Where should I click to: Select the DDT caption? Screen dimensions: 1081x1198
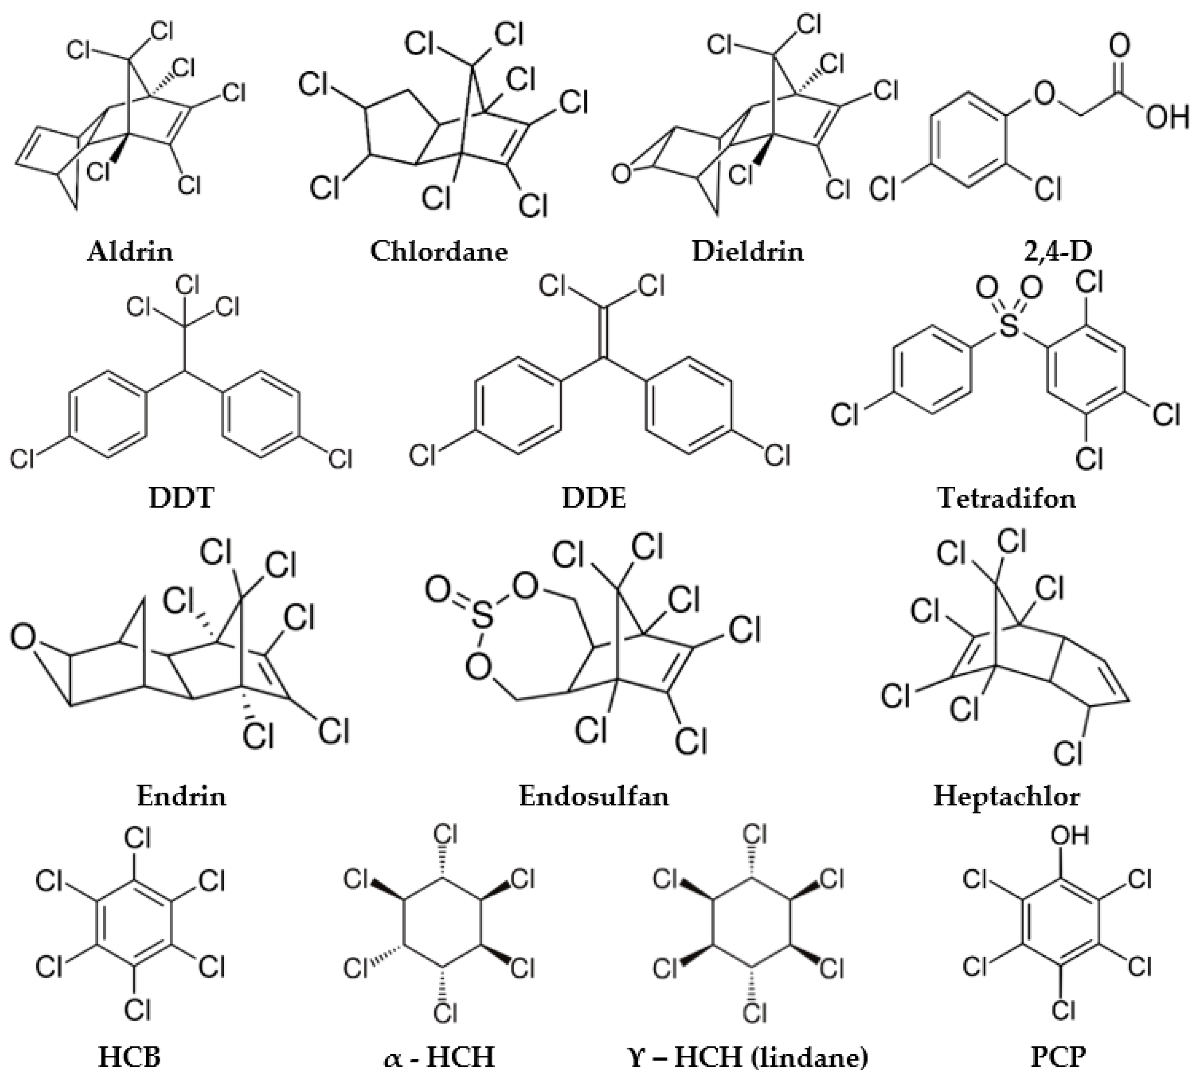click(181, 498)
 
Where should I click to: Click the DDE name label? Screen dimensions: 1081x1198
click(594, 498)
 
